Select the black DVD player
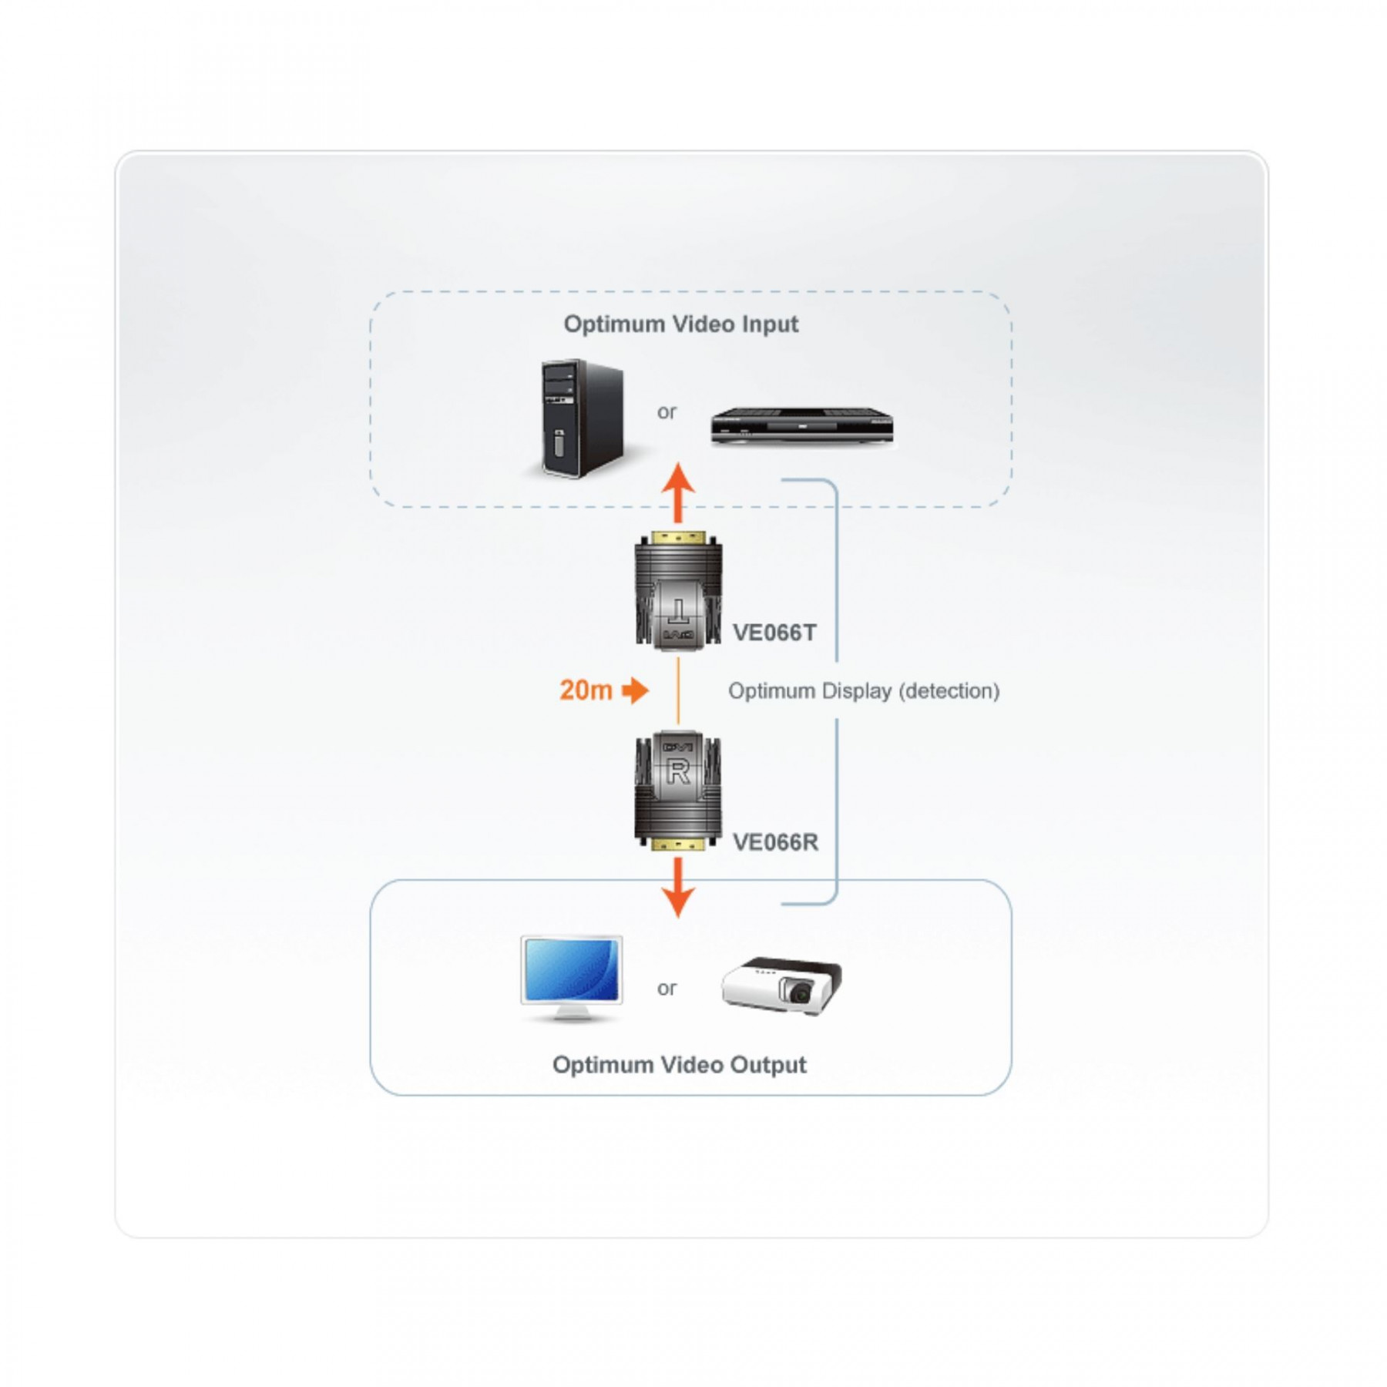[801, 426]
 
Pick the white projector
[781, 985]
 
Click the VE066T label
[774, 633]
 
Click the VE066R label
[775, 842]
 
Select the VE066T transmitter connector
[678, 589]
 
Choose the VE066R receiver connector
[678, 791]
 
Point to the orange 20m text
[586, 690]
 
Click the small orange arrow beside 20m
[636, 690]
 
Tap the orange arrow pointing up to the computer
[678, 493]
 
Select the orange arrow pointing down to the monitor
[678, 887]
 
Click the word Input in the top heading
[770, 324]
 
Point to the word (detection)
[949, 691]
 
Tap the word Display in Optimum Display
[854, 691]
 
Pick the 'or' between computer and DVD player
[667, 412]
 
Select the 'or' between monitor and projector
[667, 989]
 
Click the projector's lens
[798, 993]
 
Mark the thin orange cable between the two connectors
[678, 690]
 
